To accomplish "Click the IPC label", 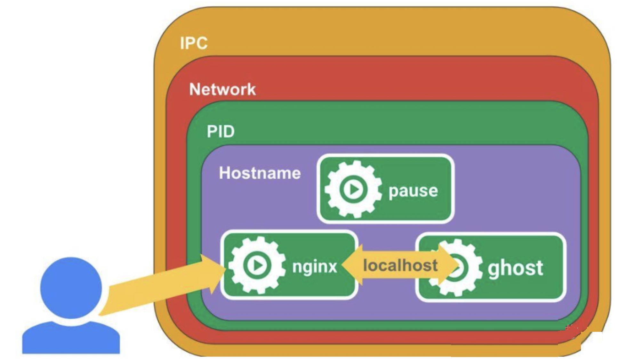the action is (x=194, y=43).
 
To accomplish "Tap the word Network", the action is (x=222, y=89).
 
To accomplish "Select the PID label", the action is (x=221, y=131).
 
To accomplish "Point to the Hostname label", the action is (x=260, y=173).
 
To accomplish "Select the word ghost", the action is (x=515, y=268).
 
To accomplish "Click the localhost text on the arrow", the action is (x=400, y=266).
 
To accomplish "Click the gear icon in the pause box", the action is (x=353, y=189).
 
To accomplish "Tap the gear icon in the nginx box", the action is (x=257, y=265).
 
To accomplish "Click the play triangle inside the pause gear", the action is (x=354, y=190).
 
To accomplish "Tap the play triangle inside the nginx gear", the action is (x=258, y=266).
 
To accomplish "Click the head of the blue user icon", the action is (x=71, y=288).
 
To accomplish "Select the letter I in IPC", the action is (x=182, y=43).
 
